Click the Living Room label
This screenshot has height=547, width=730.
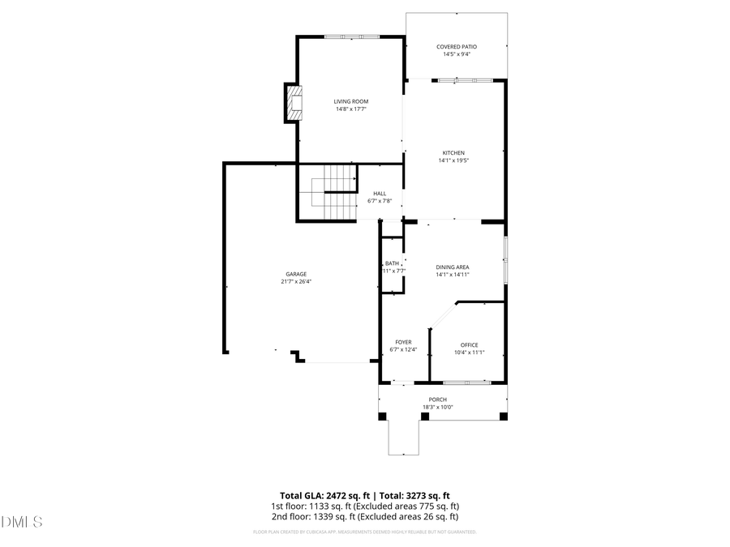[x=351, y=101]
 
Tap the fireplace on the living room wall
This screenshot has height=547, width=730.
[x=293, y=103]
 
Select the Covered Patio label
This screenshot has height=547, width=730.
[x=457, y=47]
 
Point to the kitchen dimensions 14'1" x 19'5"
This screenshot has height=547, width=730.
[x=454, y=160]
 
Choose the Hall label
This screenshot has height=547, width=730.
[x=380, y=194]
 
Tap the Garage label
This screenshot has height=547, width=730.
[x=295, y=274]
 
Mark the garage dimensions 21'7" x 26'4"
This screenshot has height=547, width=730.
[x=295, y=281]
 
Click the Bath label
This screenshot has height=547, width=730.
[x=392, y=263]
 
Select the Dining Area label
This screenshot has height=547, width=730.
[x=453, y=267]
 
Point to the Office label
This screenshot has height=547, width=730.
[x=469, y=345]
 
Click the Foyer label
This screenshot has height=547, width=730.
[x=403, y=342]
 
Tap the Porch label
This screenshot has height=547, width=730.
[x=438, y=400]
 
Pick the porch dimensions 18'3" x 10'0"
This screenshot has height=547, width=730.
[x=438, y=407]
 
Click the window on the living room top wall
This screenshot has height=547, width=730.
[x=352, y=36]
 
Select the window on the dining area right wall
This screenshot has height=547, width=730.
[x=505, y=259]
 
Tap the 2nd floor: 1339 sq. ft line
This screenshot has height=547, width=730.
[x=365, y=516]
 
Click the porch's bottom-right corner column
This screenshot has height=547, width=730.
[x=503, y=417]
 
